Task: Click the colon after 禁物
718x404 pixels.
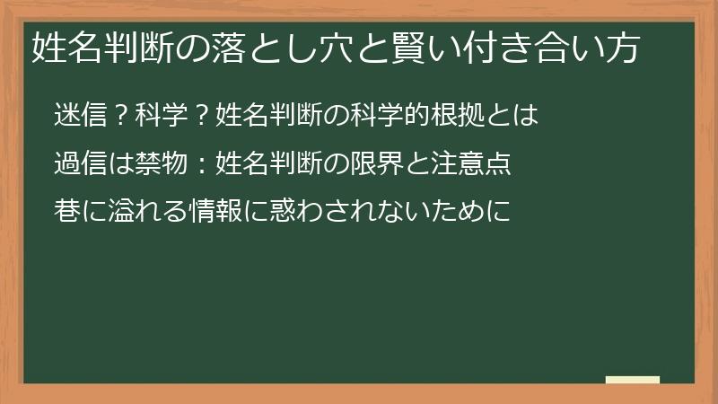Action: (x=202, y=165)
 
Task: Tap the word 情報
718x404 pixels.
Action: (x=215, y=212)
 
